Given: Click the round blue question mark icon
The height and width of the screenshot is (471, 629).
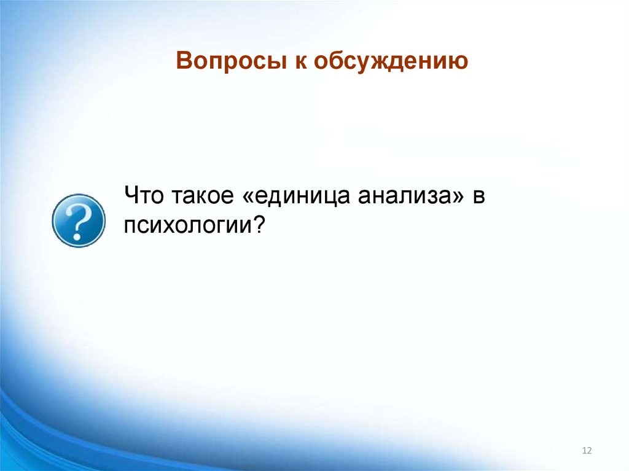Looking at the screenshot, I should click(78, 220).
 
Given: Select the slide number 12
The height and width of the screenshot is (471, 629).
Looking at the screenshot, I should click(586, 451).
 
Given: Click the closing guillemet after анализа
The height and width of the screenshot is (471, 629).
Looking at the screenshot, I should click(458, 197).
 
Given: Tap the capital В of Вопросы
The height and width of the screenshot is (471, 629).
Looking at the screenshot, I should click(183, 61).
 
